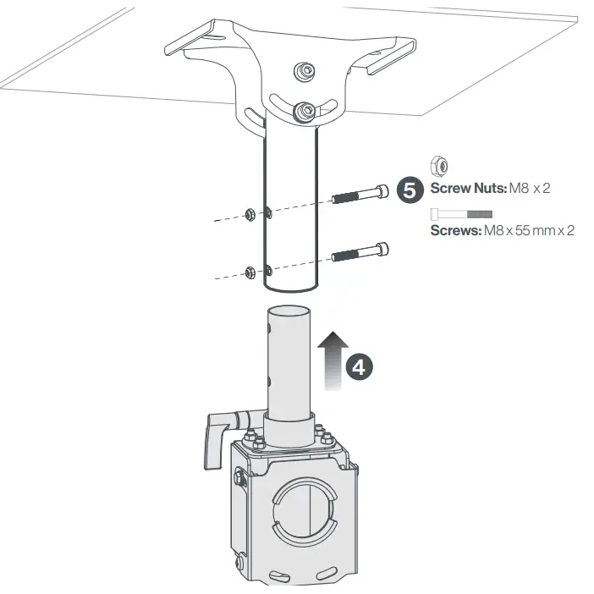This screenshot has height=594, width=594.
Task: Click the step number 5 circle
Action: click(410, 190)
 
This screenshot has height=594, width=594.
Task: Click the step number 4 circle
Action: click(359, 366)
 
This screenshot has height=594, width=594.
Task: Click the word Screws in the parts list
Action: click(454, 230)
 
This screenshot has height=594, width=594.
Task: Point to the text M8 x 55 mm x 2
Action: click(528, 230)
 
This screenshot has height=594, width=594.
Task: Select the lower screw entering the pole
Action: click(362, 253)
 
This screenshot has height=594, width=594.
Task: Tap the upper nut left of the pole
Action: click(249, 212)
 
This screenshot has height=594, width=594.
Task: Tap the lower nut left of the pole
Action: click(250, 272)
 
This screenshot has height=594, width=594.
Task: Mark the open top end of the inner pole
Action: click(289, 310)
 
